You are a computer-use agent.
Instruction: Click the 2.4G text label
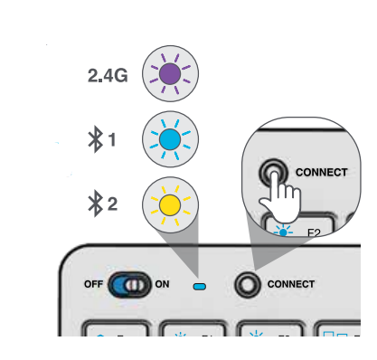(108, 77)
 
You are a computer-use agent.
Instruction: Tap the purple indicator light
(169, 75)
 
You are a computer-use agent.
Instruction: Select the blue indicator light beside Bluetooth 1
(169, 140)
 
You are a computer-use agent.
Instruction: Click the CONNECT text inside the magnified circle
(321, 171)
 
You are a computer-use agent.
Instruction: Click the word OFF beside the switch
(94, 284)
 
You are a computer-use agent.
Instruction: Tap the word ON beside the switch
(162, 284)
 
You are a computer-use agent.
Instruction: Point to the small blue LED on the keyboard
(200, 287)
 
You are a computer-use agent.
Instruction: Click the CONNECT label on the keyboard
(290, 284)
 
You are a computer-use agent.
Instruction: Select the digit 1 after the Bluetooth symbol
(112, 140)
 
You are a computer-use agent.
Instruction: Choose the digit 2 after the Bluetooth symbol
(112, 204)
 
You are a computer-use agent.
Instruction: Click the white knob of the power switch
(136, 285)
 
